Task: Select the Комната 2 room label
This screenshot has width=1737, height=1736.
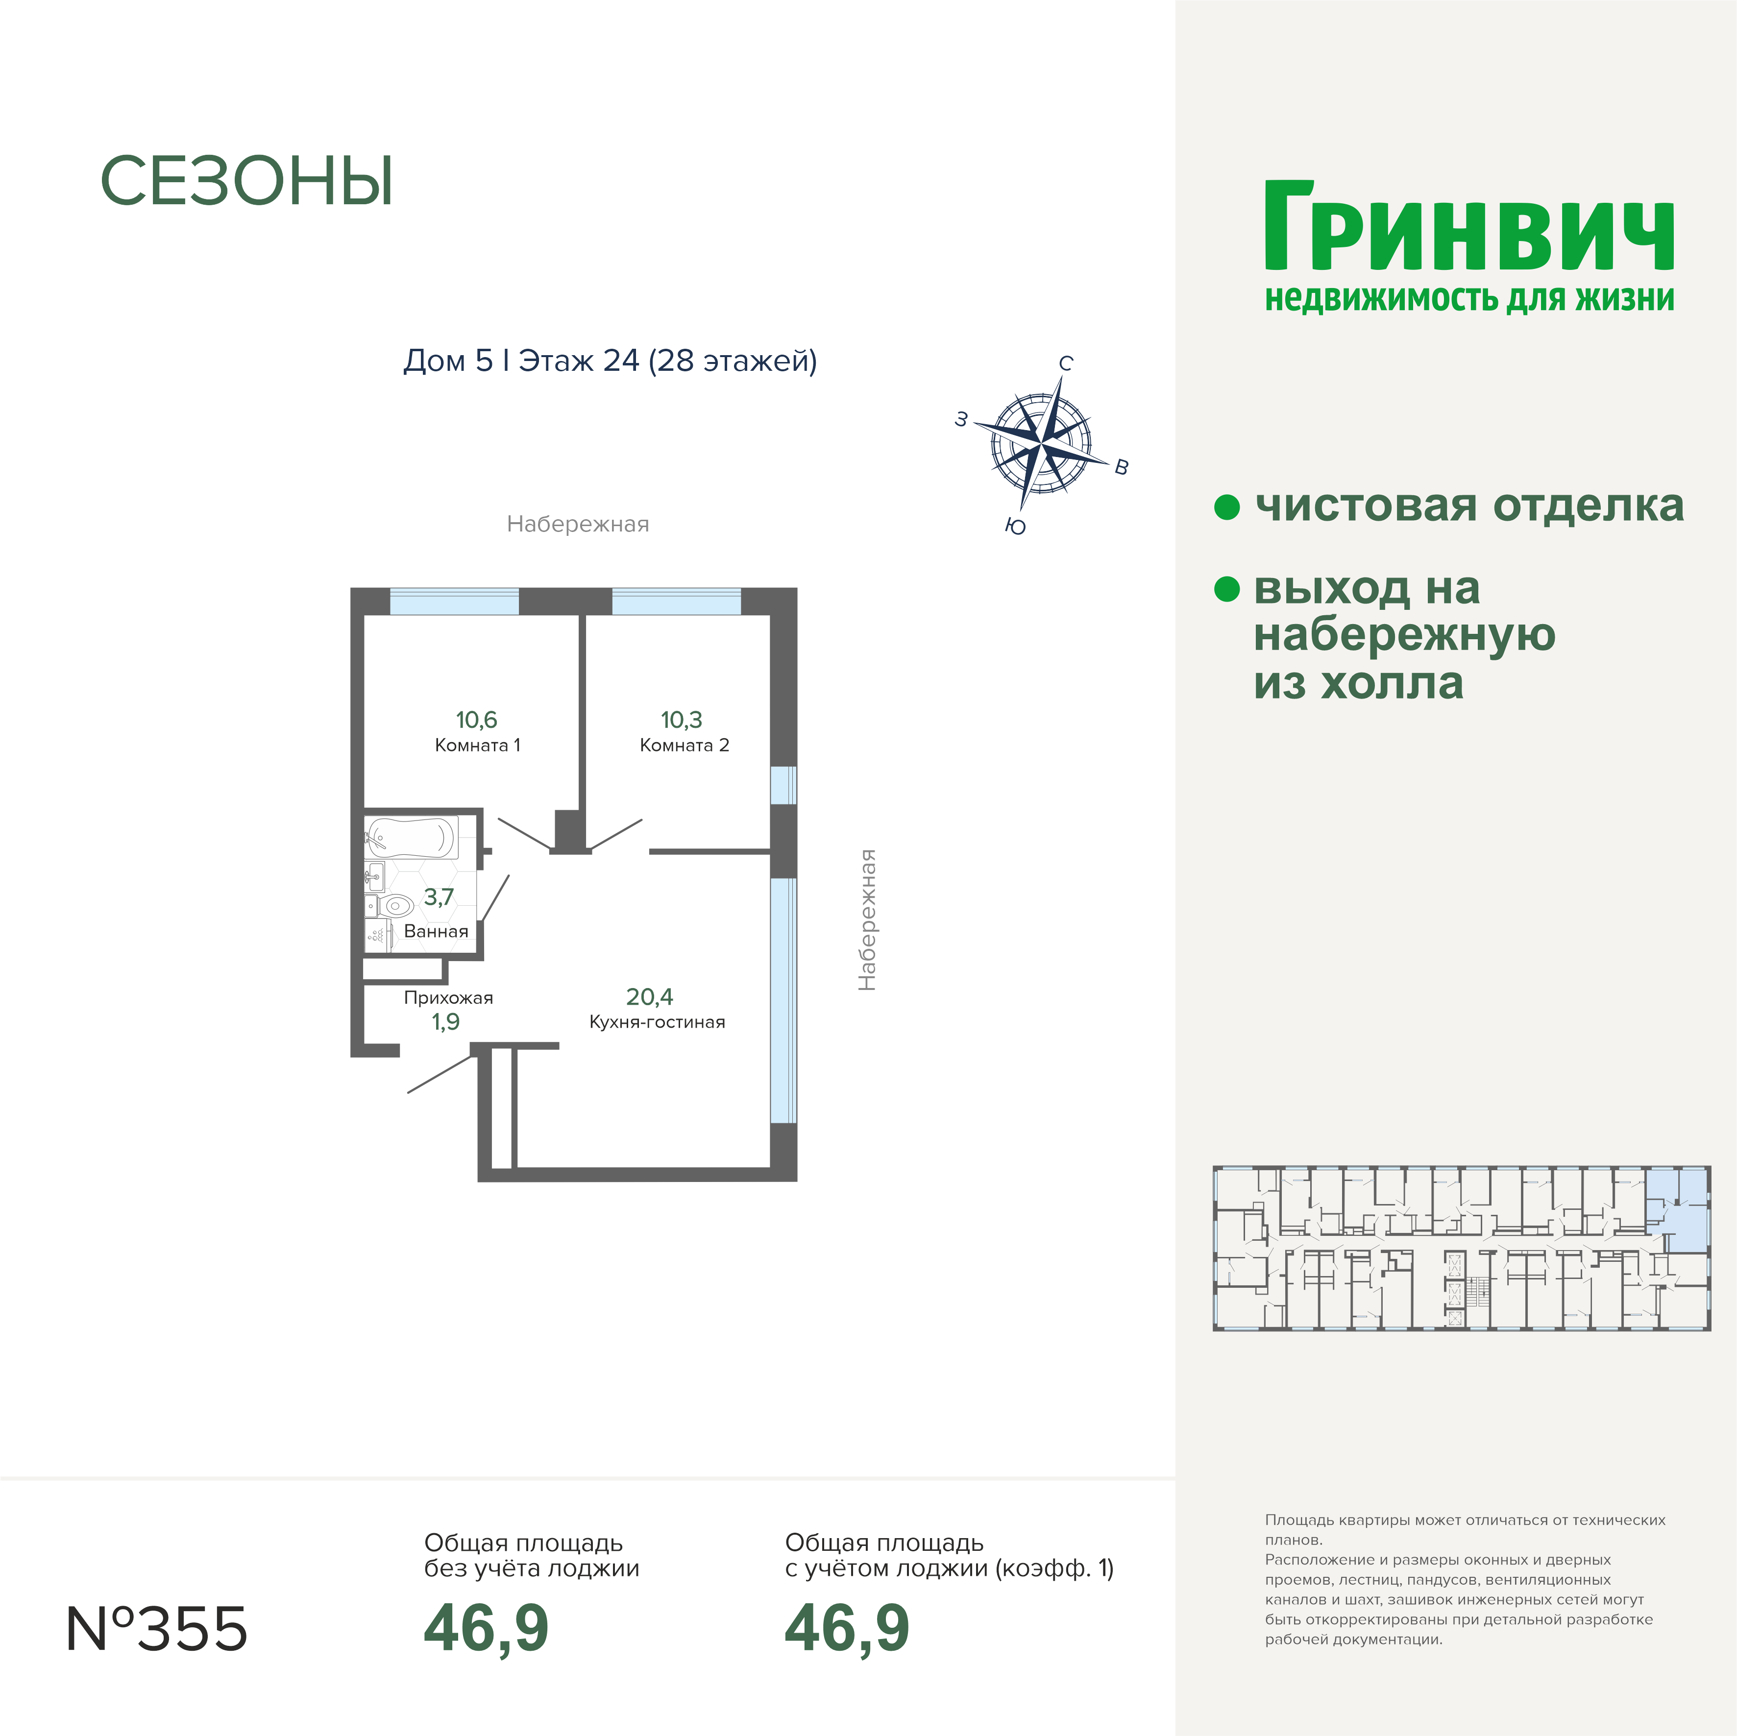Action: [x=684, y=745]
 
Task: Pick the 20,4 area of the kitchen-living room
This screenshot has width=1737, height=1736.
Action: [x=649, y=997]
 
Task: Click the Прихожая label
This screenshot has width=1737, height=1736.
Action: [x=449, y=998]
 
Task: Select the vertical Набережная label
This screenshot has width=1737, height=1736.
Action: [x=867, y=920]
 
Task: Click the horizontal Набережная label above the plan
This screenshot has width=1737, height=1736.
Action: [x=578, y=524]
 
